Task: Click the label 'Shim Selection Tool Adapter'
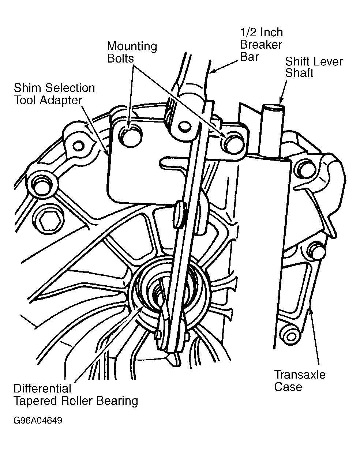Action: point(54,94)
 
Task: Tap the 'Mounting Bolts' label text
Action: point(132,52)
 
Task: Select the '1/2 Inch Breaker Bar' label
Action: point(261,45)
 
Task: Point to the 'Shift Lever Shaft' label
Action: point(314,67)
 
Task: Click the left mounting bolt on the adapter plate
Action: point(130,137)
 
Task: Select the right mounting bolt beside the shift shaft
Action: point(233,144)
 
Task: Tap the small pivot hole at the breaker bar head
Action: point(185,126)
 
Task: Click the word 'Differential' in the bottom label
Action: point(42,388)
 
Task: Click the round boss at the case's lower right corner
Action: point(291,337)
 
